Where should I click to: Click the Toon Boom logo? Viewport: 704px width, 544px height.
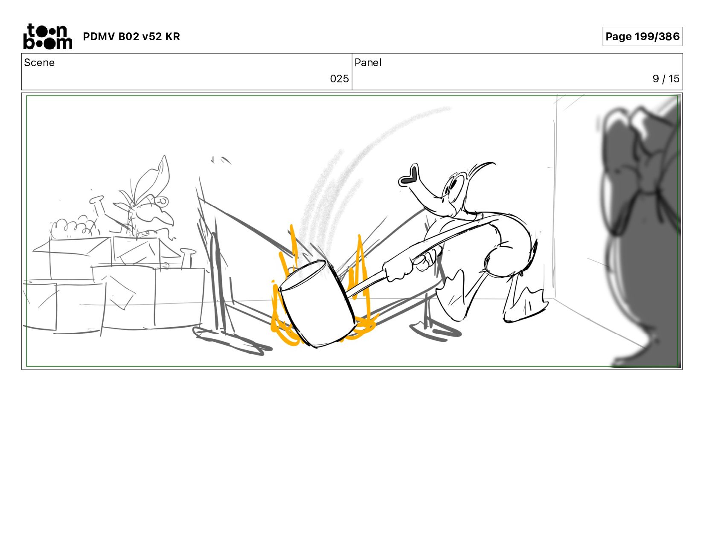point(48,36)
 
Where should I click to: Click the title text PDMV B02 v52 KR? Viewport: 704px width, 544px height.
point(131,36)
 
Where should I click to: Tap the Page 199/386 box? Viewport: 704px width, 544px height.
point(643,36)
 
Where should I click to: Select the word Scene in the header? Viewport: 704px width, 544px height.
point(39,63)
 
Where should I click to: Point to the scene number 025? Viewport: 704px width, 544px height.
point(339,79)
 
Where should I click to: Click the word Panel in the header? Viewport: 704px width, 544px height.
point(368,63)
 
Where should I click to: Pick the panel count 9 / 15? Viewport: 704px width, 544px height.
point(666,79)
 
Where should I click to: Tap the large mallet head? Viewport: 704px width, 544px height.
point(317,304)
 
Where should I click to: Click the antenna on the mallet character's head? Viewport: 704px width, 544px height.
point(480,171)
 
